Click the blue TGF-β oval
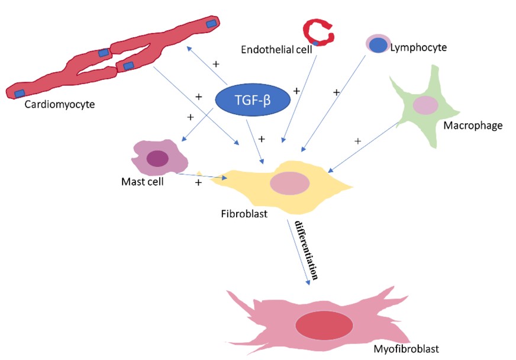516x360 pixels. point(252,100)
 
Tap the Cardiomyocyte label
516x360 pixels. point(60,105)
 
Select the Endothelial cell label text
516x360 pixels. point(276,49)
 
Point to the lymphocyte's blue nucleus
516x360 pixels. point(378,45)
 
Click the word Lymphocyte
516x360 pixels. point(418,47)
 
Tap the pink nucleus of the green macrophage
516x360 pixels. point(425,105)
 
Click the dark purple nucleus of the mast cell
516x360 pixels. point(157,158)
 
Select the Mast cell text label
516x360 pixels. point(142,181)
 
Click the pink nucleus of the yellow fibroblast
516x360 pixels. point(289,183)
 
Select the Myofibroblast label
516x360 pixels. point(406,348)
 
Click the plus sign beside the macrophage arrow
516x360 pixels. point(357,142)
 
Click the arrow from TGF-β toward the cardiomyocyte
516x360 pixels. point(207,65)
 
